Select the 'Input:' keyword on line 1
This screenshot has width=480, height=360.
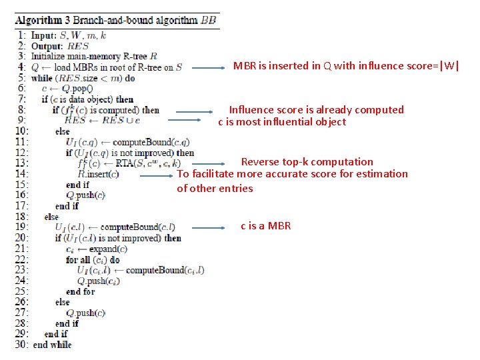click(44, 35)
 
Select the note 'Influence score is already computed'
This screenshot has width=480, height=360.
click(316, 109)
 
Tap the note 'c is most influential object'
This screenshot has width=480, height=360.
click(282, 121)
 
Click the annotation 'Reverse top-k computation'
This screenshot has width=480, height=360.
click(307, 161)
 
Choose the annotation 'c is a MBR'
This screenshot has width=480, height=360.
click(265, 225)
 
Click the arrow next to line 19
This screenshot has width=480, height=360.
click(203, 227)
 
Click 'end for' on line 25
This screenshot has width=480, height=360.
click(81, 291)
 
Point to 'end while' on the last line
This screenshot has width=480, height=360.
click(52, 344)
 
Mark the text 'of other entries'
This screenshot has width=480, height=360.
click(215, 188)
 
